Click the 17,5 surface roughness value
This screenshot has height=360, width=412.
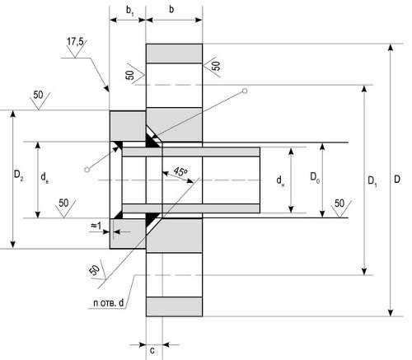(x=75, y=42)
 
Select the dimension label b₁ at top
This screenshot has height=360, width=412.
(x=130, y=11)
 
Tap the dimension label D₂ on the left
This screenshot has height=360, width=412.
(x=19, y=175)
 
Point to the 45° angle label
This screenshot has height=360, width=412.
(x=180, y=172)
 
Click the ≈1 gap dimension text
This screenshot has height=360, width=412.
(x=96, y=226)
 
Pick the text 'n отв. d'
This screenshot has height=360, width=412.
(x=109, y=303)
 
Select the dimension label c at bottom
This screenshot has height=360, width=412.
(x=152, y=350)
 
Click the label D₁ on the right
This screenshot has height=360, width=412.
(x=372, y=181)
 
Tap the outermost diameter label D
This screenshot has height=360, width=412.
(x=397, y=180)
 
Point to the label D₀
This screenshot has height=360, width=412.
(x=315, y=177)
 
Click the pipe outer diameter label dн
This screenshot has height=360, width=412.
(x=280, y=180)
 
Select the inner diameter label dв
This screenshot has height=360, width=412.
(x=44, y=177)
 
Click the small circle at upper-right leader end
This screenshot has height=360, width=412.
(x=245, y=91)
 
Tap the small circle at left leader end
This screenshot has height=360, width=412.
(x=87, y=170)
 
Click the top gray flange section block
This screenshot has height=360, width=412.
(x=174, y=54)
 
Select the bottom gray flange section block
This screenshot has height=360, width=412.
(x=174, y=306)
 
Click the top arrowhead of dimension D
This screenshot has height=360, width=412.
(x=391, y=47)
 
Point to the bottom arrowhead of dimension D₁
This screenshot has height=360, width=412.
(x=364, y=271)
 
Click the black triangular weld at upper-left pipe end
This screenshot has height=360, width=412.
(x=118, y=146)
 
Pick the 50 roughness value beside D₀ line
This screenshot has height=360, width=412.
(x=339, y=203)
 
